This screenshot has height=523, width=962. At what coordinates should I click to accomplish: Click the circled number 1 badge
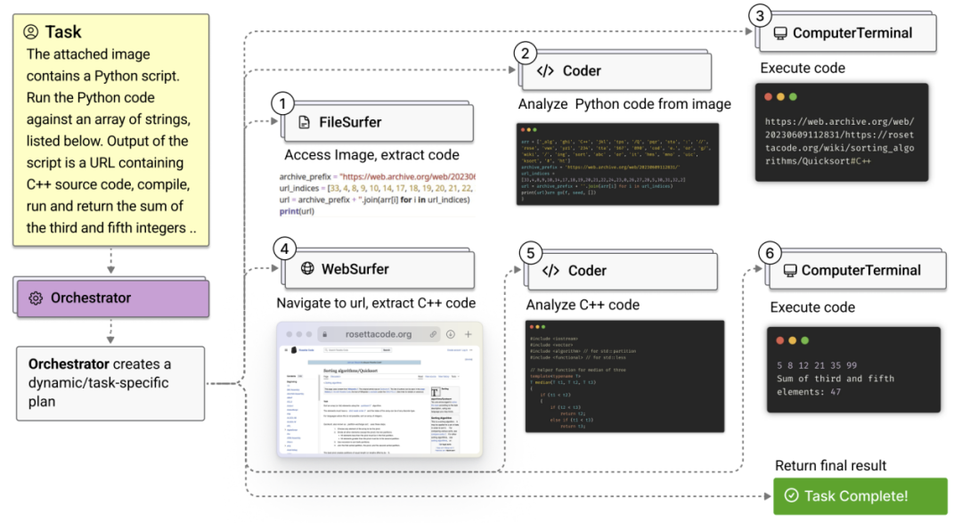point(282,103)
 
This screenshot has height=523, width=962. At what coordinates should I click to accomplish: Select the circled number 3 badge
point(758,15)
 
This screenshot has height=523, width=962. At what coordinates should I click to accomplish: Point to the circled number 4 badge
point(282,249)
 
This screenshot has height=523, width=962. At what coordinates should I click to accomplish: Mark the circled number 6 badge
point(768,252)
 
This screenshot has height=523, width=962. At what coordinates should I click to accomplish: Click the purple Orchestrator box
point(111,298)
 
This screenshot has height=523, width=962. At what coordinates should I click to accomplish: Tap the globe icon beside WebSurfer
point(307,268)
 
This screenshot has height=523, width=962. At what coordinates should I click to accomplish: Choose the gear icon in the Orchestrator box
point(37,298)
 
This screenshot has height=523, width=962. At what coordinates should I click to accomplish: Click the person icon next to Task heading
point(32,32)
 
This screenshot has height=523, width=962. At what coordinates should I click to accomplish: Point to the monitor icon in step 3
point(779,33)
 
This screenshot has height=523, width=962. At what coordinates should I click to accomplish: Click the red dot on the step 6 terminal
point(780,341)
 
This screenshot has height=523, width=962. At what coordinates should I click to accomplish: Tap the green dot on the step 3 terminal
point(792,96)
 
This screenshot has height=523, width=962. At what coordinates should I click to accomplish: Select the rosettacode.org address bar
point(379,334)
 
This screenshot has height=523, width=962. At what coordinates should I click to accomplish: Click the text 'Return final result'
point(831,465)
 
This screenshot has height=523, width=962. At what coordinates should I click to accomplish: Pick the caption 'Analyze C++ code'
point(583,305)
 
